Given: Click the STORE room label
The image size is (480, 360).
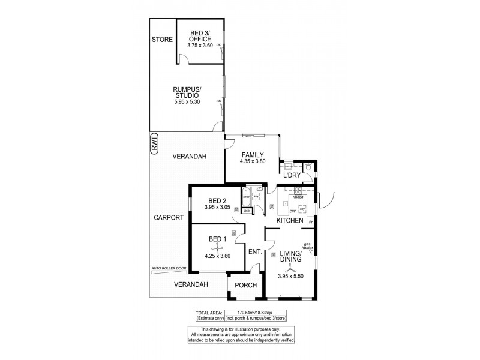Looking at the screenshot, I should point(162,40).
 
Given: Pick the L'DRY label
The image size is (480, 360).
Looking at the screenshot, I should point(292,175).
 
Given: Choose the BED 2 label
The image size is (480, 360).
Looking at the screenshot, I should point(217,201).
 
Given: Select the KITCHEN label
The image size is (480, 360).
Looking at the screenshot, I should point(290,221).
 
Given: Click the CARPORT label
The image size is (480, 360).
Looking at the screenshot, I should point(167,218).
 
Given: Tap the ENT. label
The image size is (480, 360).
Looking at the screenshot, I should point(255,252).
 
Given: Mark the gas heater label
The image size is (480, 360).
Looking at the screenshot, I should point(307,246).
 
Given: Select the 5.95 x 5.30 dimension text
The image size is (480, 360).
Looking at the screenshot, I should point(187,101).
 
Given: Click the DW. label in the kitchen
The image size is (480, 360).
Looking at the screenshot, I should point(293,211).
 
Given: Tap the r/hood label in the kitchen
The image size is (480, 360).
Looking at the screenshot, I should point(297,197).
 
